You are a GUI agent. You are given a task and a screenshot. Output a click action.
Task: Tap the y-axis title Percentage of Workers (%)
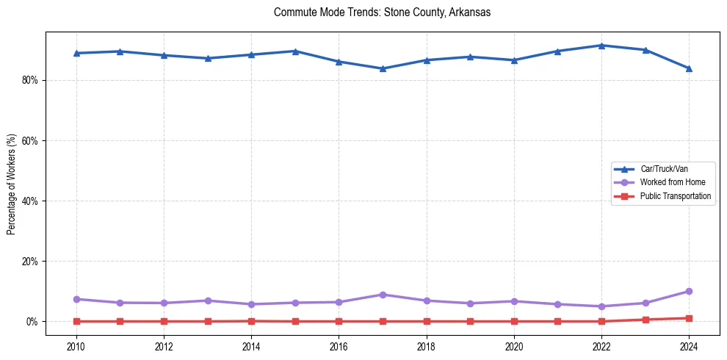coord(11,184)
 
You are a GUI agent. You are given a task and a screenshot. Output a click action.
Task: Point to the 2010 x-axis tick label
coord(76,346)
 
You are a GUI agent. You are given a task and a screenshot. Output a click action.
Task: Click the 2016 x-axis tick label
coord(339,346)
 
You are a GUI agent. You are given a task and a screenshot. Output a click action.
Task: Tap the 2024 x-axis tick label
coord(689,346)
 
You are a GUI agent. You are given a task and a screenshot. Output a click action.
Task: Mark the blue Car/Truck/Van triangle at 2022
coord(601,46)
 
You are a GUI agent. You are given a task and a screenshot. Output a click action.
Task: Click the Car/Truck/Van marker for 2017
coord(383,69)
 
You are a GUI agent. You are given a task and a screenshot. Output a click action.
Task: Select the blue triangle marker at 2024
coord(689,68)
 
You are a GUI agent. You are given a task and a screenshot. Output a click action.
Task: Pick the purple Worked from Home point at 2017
coord(383,295)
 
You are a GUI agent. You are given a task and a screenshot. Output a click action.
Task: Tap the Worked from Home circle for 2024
coord(689,292)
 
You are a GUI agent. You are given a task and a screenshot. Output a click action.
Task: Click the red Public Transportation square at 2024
coord(689,318)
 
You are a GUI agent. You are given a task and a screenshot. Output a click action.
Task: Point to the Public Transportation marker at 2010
coord(76,321)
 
